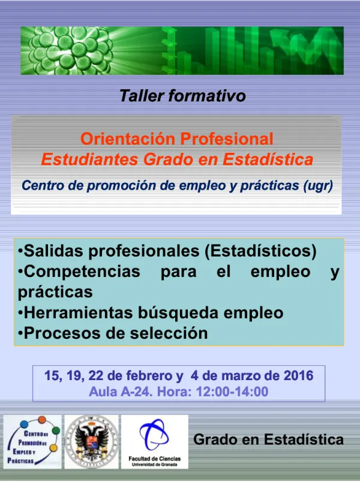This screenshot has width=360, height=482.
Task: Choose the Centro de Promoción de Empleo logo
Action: [x=32, y=442]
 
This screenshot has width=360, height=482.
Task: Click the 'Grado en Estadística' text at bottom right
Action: [x=268, y=439]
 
